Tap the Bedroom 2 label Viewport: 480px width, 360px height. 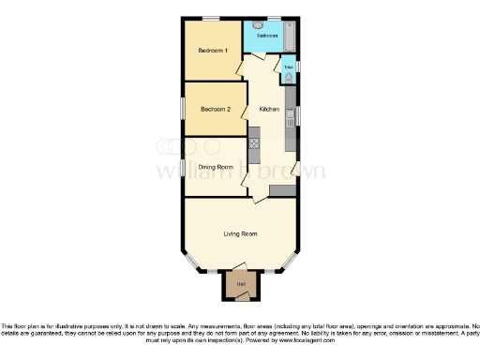pos(215,109)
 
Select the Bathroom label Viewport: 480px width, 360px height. pos(268,35)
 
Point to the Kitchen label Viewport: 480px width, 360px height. pos(270,110)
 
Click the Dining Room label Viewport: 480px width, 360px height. pos(215,167)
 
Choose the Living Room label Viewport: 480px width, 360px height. pos(240,233)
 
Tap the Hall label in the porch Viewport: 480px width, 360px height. pos(241,284)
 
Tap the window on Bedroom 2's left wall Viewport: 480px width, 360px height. pos(184,109)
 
